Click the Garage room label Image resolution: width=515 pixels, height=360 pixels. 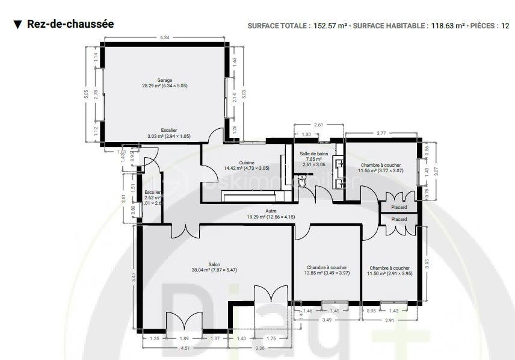[164, 80]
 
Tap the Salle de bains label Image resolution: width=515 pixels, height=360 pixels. [314, 154]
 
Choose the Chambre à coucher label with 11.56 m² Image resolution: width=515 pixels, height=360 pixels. [380, 165]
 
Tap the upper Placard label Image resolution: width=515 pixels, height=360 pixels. [399, 207]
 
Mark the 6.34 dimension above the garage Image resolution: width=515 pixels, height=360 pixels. [165, 37]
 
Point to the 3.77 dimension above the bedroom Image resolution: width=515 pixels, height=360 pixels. [381, 132]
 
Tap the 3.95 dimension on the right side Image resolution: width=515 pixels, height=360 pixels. [427, 263]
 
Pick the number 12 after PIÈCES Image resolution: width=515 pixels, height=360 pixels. [505, 26]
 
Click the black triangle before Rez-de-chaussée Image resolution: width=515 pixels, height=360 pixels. [17, 24]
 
